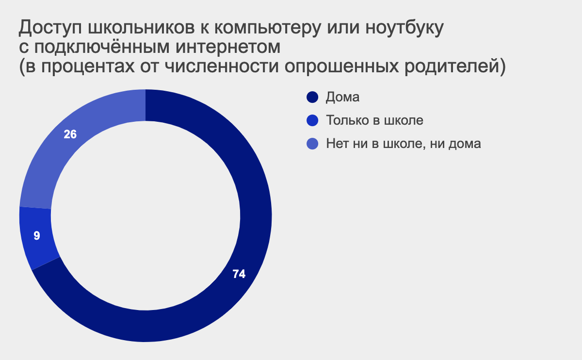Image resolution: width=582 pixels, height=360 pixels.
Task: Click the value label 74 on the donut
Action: pos(239,274)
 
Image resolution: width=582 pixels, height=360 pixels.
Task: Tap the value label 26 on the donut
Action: pos(70,134)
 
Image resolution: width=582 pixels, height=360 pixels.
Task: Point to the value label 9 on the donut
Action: pos(37,236)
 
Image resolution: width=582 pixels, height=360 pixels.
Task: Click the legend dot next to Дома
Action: pos(312,97)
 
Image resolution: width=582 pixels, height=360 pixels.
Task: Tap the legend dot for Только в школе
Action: pos(312,120)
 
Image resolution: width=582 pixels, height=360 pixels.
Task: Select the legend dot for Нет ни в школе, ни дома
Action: pos(312,144)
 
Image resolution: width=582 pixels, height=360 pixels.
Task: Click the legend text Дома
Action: pos(343,97)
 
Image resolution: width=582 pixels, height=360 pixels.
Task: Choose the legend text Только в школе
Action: pos(374,120)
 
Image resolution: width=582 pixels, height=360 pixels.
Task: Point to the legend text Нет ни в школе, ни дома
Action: pos(404,144)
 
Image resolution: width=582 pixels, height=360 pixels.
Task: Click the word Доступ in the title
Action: pos(50,28)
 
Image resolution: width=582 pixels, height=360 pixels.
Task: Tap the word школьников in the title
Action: pos(141,27)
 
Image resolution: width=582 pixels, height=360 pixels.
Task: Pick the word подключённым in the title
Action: pos(102,47)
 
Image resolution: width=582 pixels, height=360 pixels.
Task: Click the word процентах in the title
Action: pos(88,67)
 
